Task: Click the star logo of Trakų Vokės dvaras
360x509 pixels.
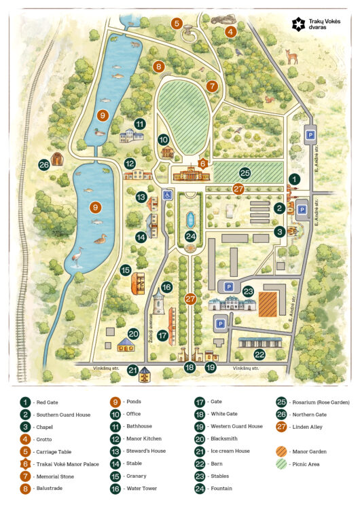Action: tap(298, 24)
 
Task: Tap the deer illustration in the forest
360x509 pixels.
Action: tap(292, 56)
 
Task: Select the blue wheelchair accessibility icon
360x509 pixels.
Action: tap(167, 195)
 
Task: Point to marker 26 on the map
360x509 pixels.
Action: tap(44, 164)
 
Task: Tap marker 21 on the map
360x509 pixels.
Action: tap(133, 371)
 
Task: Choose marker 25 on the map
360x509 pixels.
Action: tap(245, 173)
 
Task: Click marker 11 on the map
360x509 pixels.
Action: tap(139, 124)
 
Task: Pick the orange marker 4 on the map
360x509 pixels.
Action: tap(230, 31)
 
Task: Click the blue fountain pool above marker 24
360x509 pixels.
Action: tap(191, 220)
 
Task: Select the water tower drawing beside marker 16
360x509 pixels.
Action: tap(158, 304)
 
